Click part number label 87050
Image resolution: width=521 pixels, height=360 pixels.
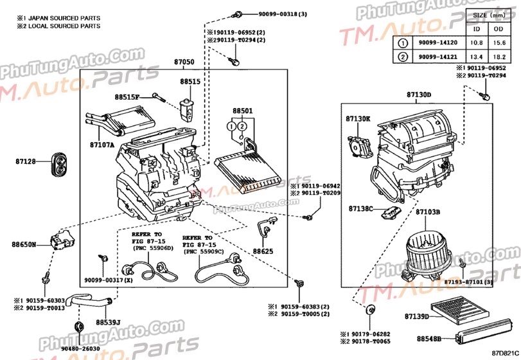pyautogui.click(x=183, y=62)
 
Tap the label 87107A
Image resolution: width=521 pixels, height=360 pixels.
pyautogui.click(x=102, y=145)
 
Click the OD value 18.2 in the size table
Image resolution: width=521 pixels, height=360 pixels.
pyautogui.click(x=498, y=57)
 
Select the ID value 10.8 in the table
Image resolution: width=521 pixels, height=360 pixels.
pyautogui.click(x=477, y=43)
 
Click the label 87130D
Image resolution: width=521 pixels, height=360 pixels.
pyautogui.click(x=418, y=94)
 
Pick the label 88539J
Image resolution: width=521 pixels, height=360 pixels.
pyautogui.click(x=109, y=321)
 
